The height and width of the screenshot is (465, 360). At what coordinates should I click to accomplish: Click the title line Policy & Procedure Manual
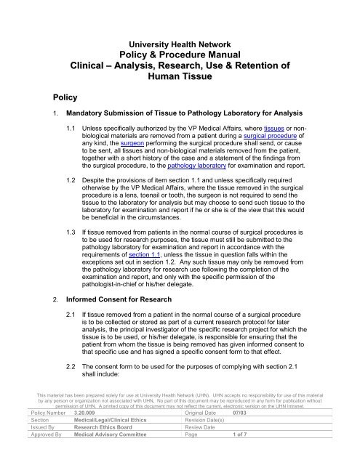pyautogui.click(x=179, y=56)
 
